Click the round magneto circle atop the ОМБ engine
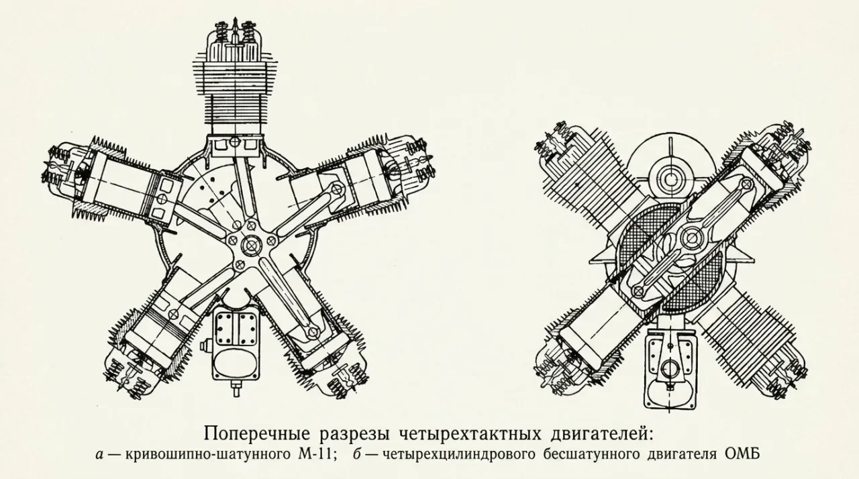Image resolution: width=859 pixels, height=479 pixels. click(x=670, y=179)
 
